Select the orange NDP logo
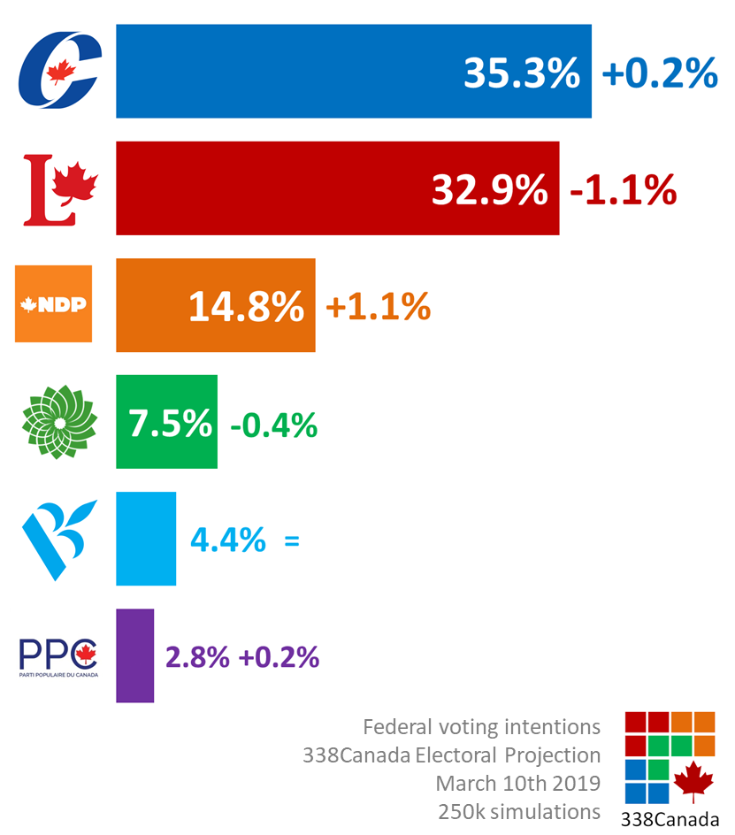54,305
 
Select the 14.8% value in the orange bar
246,307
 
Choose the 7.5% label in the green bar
170,424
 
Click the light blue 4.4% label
227,540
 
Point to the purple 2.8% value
197,657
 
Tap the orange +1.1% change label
378,307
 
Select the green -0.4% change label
273,425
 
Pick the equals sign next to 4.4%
292,540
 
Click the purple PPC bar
134,655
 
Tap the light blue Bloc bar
146,539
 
